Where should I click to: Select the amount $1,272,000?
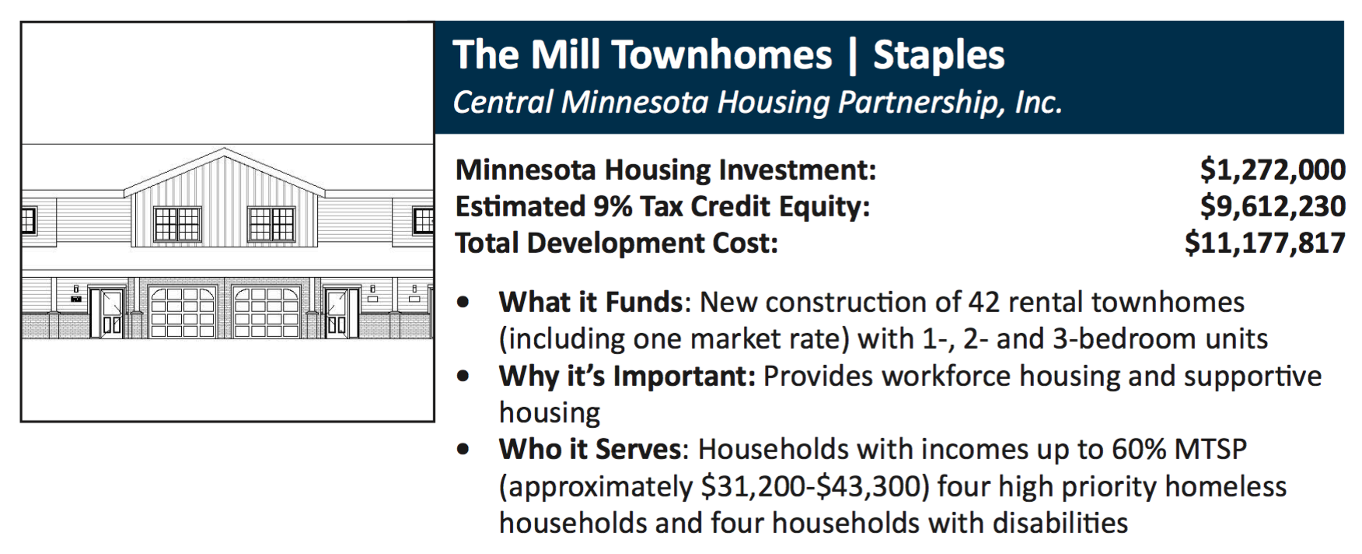pos(1273,170)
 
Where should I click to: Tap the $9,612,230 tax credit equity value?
pos(1273,206)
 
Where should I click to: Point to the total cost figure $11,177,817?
pos(1265,243)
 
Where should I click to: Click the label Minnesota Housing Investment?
pos(665,170)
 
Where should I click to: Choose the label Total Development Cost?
pos(616,243)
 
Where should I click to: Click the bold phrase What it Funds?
pos(591,302)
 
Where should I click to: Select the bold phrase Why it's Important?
pos(627,376)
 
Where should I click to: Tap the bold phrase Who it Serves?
pos(590,449)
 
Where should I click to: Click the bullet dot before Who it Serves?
pos(464,450)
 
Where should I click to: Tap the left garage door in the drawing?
pos(183,312)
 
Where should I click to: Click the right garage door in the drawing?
pos(267,312)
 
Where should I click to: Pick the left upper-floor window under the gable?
pos(177,224)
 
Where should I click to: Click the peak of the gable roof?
pos(225,148)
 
